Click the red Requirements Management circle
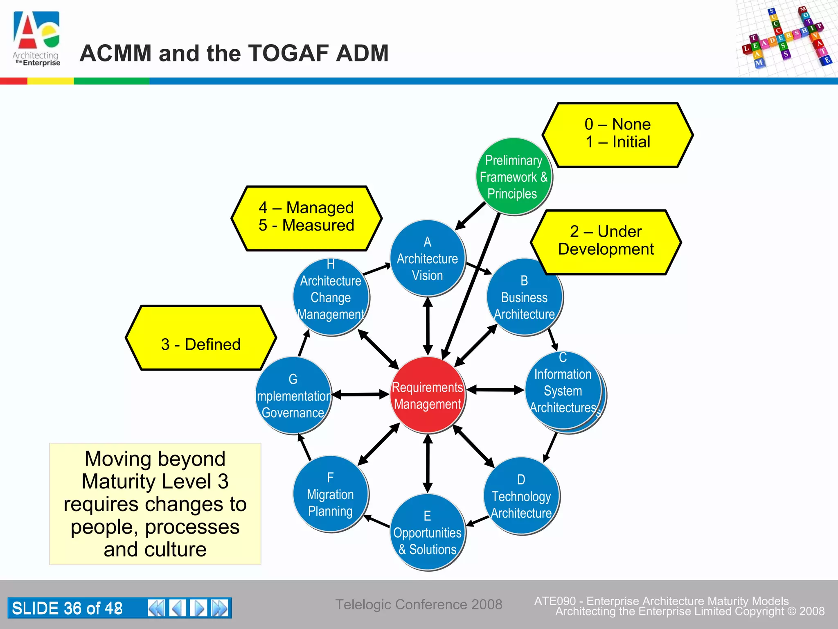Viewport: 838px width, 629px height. click(427, 395)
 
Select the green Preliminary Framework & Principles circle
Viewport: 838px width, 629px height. click(514, 176)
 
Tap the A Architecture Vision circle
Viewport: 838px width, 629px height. click(427, 258)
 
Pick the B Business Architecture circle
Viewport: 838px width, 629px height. click(524, 297)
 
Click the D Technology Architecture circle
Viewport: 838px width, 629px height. click(521, 496)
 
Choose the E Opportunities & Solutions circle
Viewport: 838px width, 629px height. click(427, 532)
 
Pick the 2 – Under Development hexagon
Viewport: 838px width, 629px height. click(606, 242)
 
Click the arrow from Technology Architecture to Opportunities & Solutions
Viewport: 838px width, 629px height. click(478, 521)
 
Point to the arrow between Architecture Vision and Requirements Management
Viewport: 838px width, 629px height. click(428, 326)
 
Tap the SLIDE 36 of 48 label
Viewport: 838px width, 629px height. click(68, 608)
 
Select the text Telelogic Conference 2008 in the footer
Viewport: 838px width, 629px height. click(419, 604)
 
